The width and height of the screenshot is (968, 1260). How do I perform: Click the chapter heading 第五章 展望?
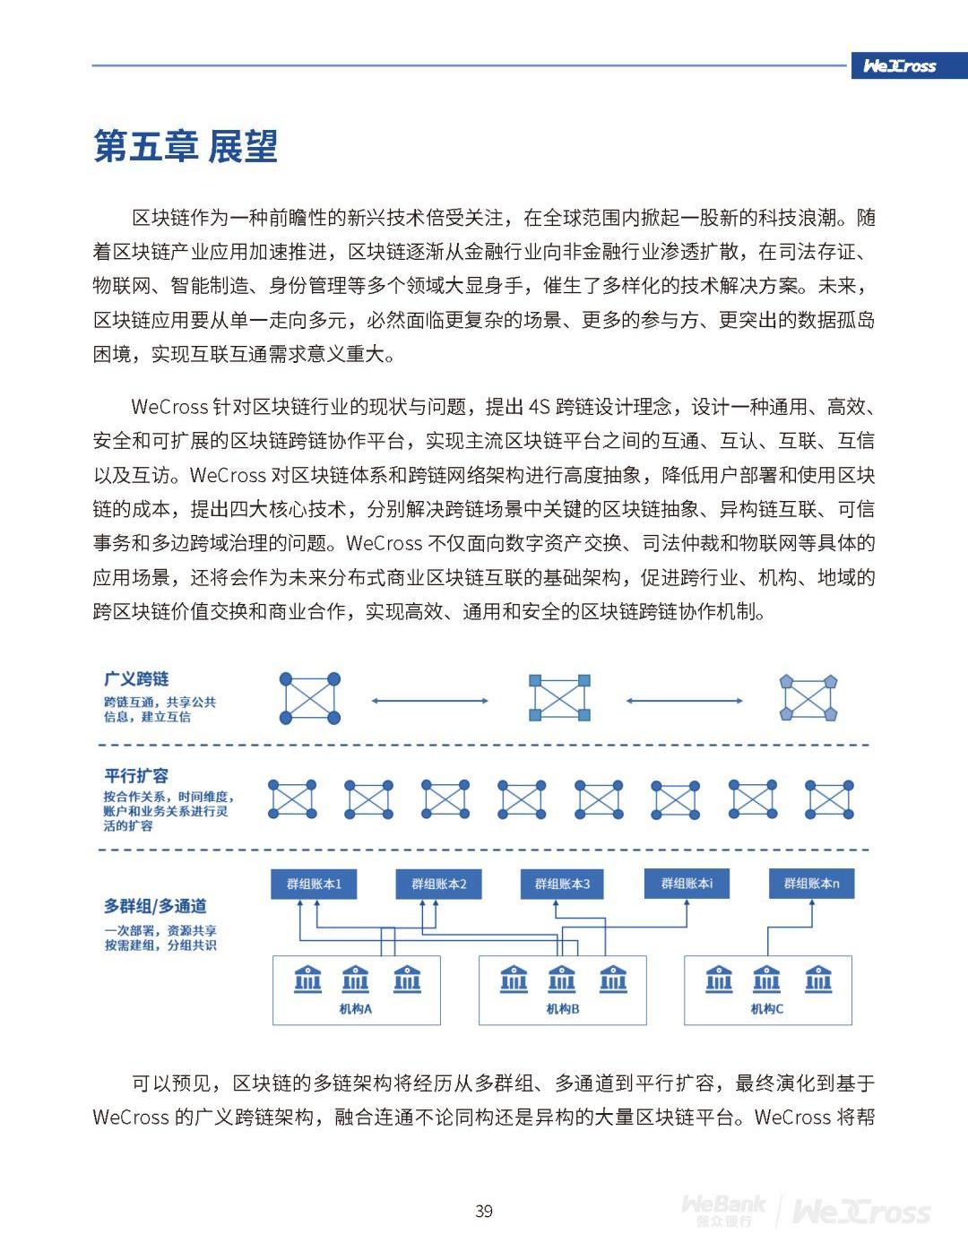tap(186, 146)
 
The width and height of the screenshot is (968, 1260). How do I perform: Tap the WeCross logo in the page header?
tap(899, 65)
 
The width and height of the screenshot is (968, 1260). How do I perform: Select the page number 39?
tap(484, 1211)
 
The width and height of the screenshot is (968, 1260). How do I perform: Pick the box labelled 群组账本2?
tap(438, 884)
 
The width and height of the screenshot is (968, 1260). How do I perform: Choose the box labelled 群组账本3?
tap(562, 884)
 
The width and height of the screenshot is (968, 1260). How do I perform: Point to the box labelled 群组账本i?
tap(687, 884)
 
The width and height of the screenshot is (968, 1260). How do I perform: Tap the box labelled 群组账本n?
tap(811, 884)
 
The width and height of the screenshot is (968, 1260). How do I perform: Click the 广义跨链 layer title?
tap(136, 678)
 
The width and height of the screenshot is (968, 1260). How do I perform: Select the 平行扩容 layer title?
tap(136, 775)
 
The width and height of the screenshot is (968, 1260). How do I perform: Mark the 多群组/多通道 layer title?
tap(155, 906)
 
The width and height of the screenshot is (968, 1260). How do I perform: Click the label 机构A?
tap(355, 1009)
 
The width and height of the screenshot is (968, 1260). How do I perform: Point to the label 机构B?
tap(563, 1009)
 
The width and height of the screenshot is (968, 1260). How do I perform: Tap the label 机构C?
tap(767, 1009)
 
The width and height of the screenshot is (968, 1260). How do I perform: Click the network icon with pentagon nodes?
tap(808, 698)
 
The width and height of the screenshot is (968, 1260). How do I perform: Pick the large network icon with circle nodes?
tap(310, 698)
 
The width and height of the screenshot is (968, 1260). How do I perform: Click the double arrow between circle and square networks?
tap(430, 700)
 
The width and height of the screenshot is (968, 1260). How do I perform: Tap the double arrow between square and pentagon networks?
tap(685, 700)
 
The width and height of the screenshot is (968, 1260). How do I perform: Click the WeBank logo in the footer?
tap(722, 1210)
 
